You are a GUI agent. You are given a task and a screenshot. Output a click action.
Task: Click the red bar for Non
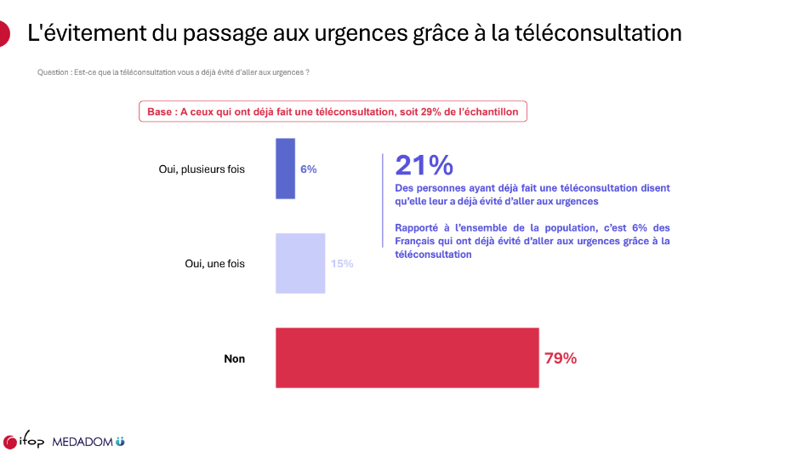tap(407, 358)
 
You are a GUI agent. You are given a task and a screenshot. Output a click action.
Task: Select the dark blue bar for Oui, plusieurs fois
tap(285, 169)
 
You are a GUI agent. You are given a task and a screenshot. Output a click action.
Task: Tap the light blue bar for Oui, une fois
tap(300, 263)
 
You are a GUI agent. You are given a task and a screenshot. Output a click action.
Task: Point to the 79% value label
tap(561, 358)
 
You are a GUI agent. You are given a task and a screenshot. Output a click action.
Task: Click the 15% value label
tap(342, 264)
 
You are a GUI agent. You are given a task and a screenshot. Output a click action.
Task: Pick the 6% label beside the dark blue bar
tap(309, 169)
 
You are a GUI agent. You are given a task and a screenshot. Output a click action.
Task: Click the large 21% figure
tap(424, 166)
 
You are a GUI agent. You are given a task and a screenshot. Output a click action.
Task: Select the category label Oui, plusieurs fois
tap(202, 169)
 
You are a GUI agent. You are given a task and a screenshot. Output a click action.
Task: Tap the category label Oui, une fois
tap(214, 264)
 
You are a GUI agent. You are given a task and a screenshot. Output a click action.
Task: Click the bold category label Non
tap(234, 359)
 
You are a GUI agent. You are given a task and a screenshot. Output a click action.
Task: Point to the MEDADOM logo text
tap(84, 443)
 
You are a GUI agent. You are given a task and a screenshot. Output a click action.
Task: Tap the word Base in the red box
tap(159, 112)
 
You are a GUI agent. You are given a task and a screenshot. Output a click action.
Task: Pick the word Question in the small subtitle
tap(54, 72)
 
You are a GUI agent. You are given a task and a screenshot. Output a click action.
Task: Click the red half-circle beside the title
tap(4, 34)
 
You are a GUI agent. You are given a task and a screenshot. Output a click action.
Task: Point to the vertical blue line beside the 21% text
tap(383, 201)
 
